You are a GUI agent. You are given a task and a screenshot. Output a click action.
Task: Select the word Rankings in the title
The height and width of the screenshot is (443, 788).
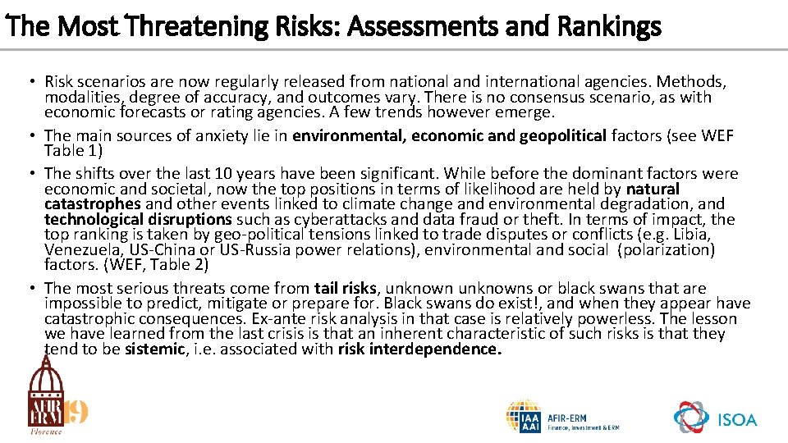pos(608,27)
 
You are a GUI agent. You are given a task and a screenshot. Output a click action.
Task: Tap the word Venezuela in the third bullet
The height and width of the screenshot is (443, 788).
pos(80,249)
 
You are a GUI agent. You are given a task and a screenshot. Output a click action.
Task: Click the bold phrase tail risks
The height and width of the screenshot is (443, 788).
pos(346,288)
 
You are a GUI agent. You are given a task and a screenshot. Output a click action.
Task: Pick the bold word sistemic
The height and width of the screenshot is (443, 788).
pos(155,349)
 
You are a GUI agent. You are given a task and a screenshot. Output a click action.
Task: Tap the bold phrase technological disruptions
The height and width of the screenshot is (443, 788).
pos(138,219)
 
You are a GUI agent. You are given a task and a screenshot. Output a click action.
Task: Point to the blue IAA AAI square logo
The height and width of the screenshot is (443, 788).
pos(524,417)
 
